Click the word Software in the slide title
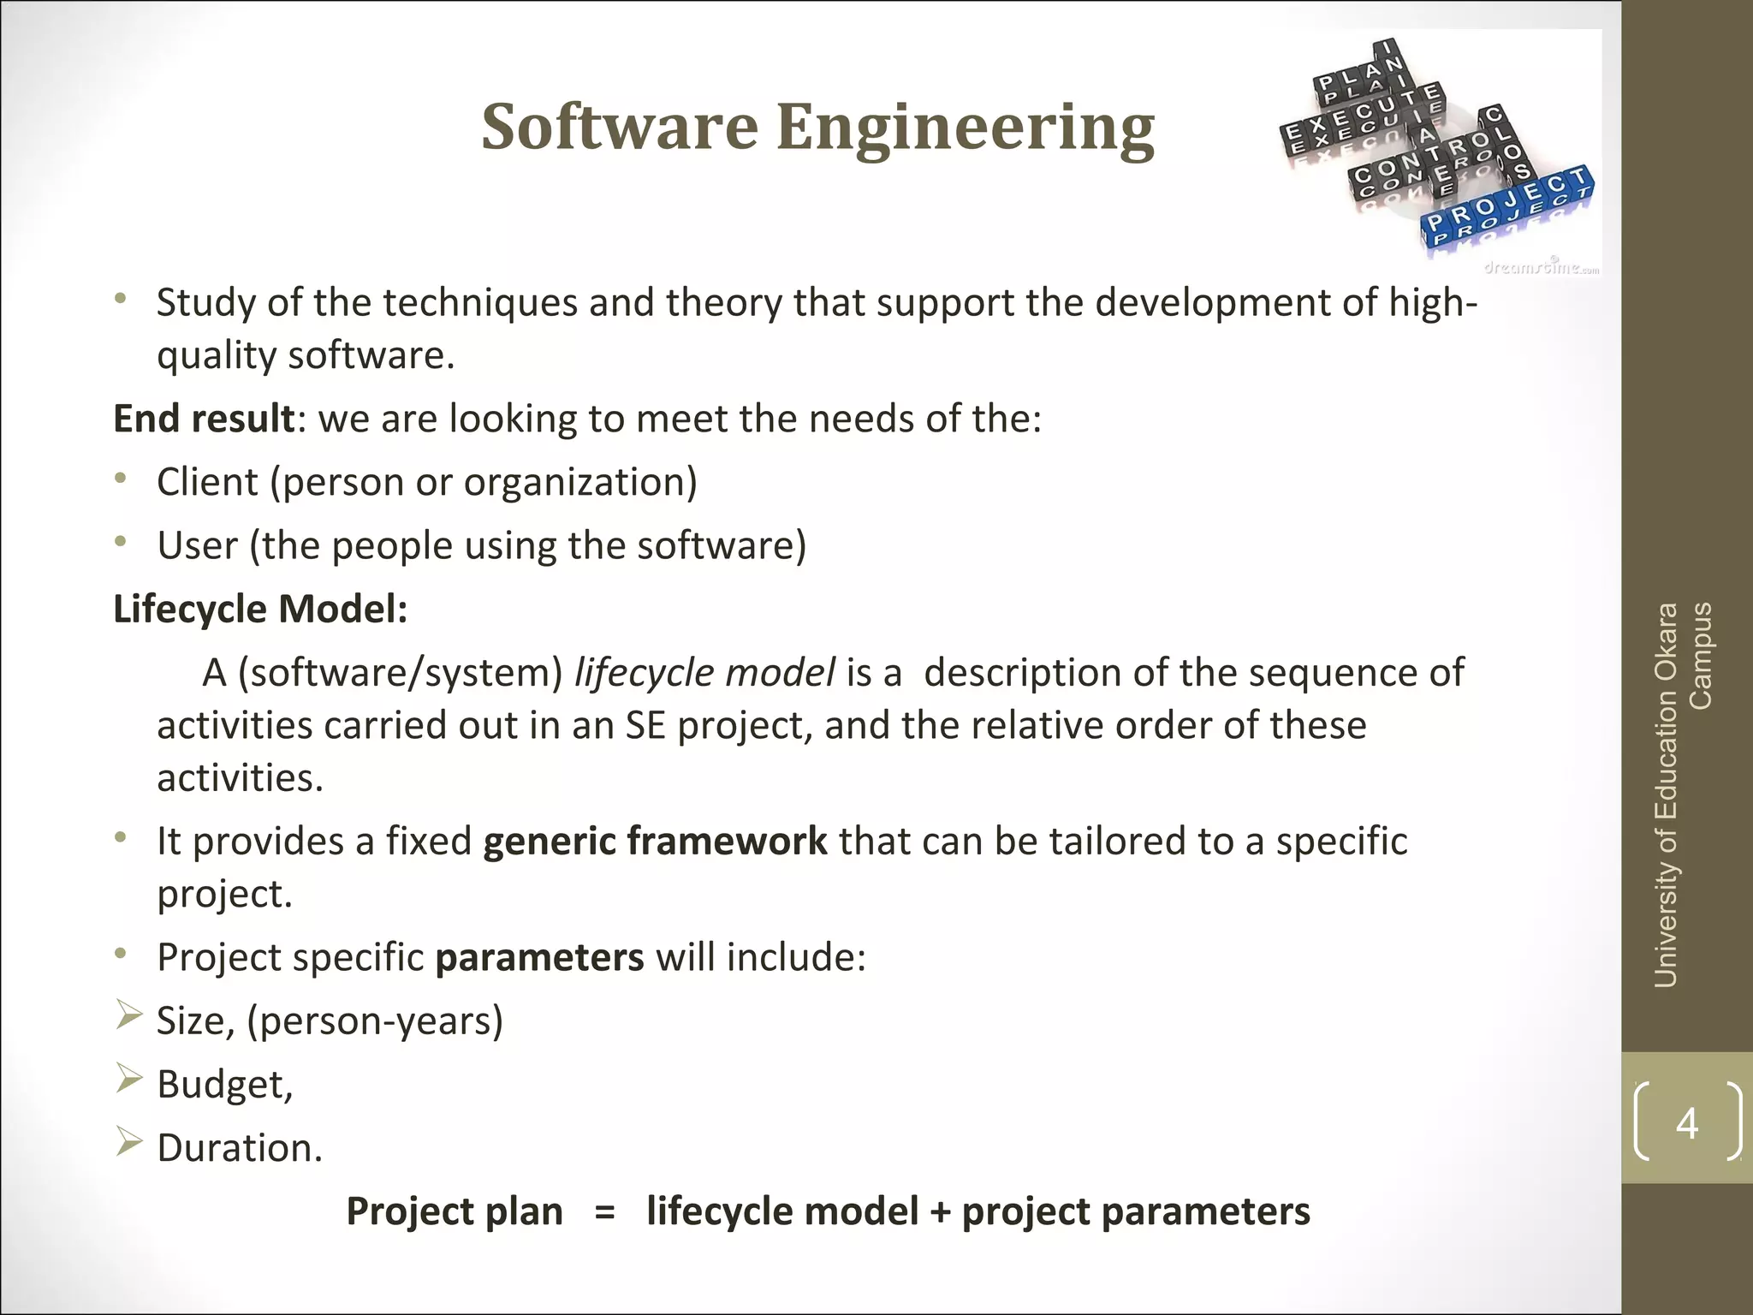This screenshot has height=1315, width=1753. (x=620, y=127)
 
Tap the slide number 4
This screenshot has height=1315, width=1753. (x=1686, y=1122)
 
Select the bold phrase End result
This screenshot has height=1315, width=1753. (x=204, y=419)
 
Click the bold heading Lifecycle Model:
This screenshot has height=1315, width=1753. (x=260, y=610)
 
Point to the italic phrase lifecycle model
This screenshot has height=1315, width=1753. (x=704, y=673)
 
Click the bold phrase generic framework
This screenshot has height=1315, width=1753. (x=655, y=841)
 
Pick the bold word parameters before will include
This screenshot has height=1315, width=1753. (x=539, y=957)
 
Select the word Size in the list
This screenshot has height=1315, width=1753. (x=193, y=1020)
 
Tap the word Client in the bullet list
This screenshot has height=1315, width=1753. (x=207, y=482)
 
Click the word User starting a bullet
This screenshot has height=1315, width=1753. (x=197, y=545)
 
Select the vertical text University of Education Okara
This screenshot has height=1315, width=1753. (x=1666, y=796)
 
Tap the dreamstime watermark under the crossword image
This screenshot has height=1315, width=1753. (x=1541, y=268)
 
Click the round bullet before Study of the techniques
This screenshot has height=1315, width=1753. (x=122, y=299)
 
